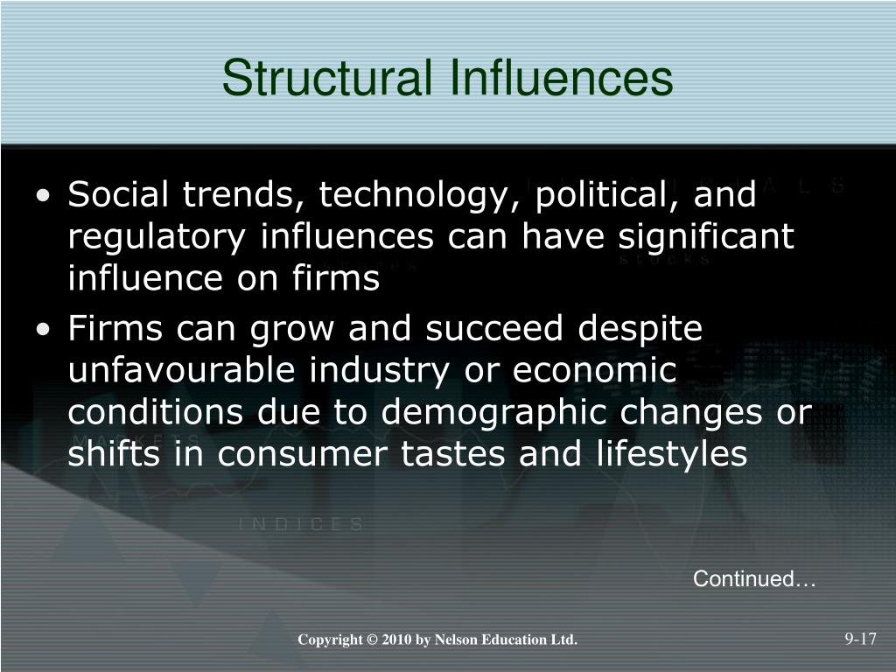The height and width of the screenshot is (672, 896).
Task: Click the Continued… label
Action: tap(754, 579)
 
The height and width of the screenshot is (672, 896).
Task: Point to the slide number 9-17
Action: tap(861, 639)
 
